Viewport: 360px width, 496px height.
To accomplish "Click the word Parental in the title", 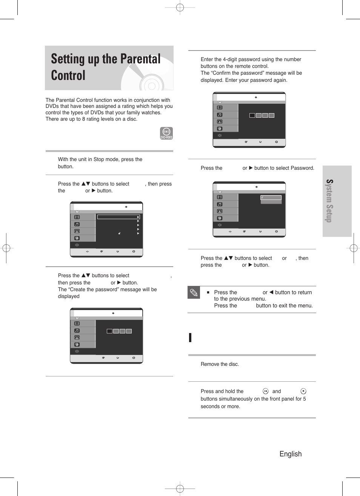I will [x=140, y=59].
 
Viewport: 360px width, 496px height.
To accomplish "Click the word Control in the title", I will [x=68, y=75].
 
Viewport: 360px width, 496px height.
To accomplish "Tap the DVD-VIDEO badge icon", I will [x=166, y=133].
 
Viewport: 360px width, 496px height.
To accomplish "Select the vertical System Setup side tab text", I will [x=329, y=201].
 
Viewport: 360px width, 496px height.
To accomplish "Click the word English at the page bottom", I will [x=290, y=454].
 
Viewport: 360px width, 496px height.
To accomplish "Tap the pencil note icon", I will [x=194, y=293].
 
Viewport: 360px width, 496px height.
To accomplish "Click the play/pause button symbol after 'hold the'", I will [x=265, y=391].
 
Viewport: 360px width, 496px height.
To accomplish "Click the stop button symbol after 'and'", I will [x=303, y=391].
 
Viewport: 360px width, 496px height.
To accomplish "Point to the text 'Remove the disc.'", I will [x=220, y=364].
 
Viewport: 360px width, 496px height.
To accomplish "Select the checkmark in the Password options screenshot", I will [x=262, y=198].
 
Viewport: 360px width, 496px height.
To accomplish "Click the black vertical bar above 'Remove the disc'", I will [x=190, y=337].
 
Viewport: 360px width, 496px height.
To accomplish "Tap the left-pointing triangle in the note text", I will [x=271, y=292].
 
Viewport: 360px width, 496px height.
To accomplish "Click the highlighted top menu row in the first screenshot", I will [x=118, y=217].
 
